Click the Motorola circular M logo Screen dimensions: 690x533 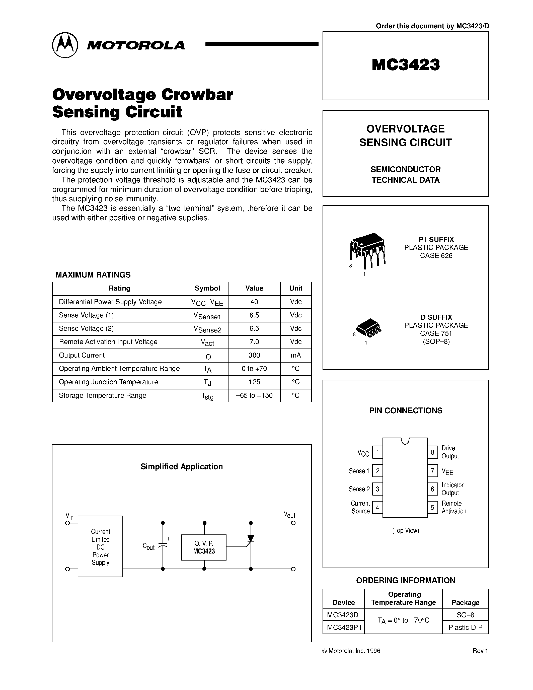point(65,45)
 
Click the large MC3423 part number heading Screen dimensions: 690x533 point(405,65)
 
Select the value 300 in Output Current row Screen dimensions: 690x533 point(254,356)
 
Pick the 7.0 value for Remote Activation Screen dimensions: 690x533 point(254,342)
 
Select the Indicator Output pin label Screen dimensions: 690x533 point(452,489)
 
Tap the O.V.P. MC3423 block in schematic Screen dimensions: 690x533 point(204,547)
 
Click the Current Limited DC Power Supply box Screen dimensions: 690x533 point(100,546)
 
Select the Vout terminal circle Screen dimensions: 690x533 point(293,523)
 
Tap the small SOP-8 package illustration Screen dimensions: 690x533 point(368,329)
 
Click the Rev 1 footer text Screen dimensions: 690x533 point(480,651)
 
